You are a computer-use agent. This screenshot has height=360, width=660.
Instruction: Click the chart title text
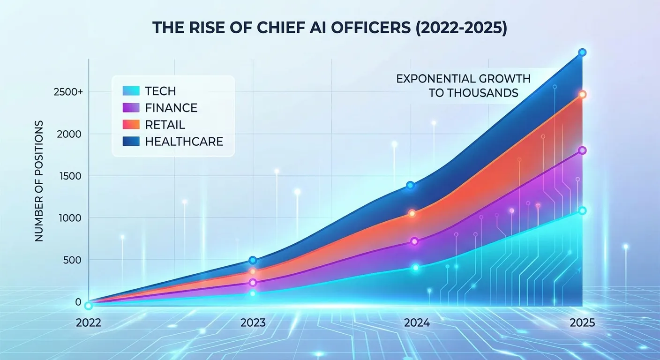[x=330, y=27]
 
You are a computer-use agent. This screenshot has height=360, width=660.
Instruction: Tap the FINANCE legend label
[x=171, y=108]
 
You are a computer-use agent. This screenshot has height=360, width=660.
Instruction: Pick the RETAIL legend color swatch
[x=131, y=125]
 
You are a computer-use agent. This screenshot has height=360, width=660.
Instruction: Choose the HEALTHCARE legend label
[x=184, y=141]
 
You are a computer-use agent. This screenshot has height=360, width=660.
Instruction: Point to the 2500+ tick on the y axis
[x=68, y=92]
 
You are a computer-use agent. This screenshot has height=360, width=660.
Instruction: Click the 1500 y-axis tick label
[x=69, y=176]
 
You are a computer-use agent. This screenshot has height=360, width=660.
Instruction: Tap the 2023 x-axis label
[x=253, y=323]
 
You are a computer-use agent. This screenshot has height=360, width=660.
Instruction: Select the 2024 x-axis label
[x=417, y=323]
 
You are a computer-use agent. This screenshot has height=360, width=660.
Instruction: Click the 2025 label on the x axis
[x=582, y=323]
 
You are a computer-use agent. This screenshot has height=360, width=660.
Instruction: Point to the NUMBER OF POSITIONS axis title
[x=39, y=181]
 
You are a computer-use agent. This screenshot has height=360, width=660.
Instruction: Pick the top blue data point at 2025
[x=582, y=52]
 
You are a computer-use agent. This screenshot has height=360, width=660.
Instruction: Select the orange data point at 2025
[x=582, y=94]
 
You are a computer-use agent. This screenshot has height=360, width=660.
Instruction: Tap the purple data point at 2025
[x=582, y=150]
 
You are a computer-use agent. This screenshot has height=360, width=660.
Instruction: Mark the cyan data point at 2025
[x=582, y=211]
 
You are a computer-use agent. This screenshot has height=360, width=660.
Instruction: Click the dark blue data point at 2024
[x=410, y=185]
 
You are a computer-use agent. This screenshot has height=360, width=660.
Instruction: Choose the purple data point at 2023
[x=253, y=283]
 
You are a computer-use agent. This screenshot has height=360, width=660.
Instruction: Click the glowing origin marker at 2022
[x=88, y=306]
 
